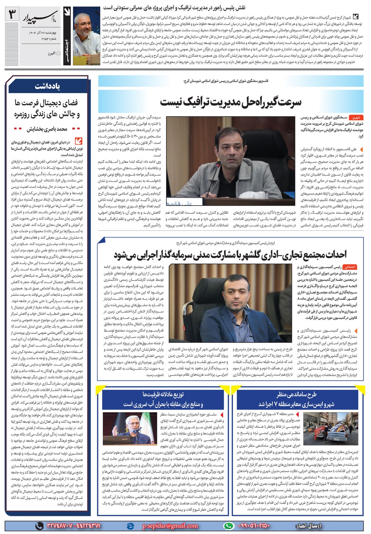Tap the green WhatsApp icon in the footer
229,525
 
